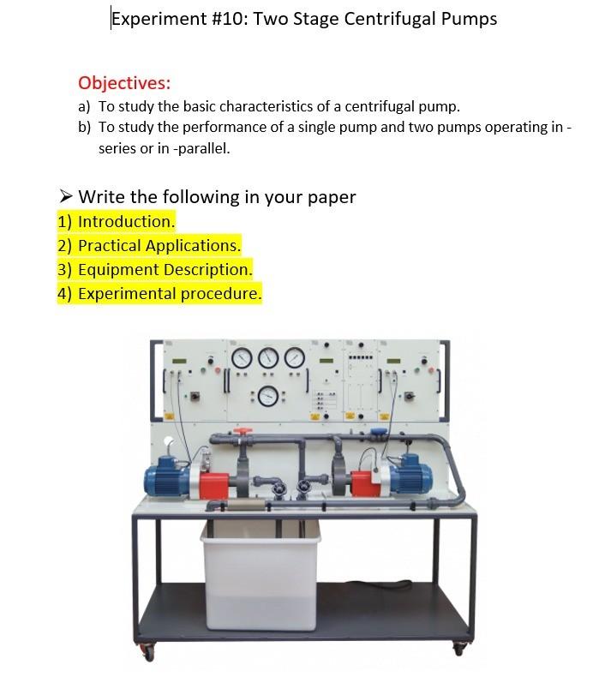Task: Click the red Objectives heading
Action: [124, 83]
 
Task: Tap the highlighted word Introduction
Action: [126, 221]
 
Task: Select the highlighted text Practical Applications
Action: [159, 245]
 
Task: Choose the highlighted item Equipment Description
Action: [165, 269]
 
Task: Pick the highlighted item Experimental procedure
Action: [170, 293]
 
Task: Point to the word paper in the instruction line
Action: [331, 197]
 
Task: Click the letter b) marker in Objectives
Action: [84, 128]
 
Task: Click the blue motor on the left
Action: [166, 476]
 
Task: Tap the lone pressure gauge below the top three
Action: [268, 395]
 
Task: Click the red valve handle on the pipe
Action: [244, 432]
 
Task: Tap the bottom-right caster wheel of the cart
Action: [458, 650]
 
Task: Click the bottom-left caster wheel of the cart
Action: [148, 653]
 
